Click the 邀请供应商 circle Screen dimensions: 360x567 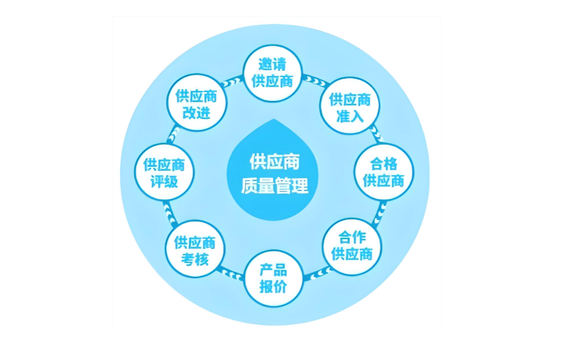pyautogui.click(x=272, y=73)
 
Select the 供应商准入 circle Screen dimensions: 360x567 pyautogui.click(x=349, y=108)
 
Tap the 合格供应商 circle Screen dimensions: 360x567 pyautogui.click(x=384, y=172)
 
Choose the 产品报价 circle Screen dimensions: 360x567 pyautogui.click(x=273, y=279)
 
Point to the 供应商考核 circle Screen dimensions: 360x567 pyautogui.click(x=195, y=250)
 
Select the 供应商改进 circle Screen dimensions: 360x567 pyautogui.click(x=196, y=103)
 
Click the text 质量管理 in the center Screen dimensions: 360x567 pyautogui.click(x=274, y=186)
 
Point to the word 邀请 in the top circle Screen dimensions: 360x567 pyautogui.click(x=272, y=65)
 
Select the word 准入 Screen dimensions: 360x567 pyautogui.click(x=350, y=117)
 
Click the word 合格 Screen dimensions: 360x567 pyautogui.click(x=384, y=164)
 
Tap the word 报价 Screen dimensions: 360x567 pyautogui.click(x=273, y=287)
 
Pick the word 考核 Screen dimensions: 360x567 pyautogui.click(x=195, y=259)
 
